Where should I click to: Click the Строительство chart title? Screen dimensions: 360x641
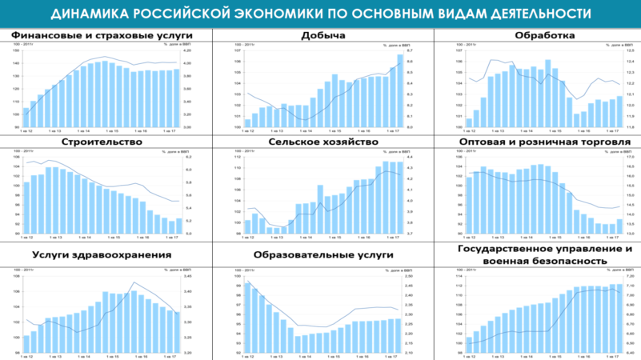(x=102, y=142)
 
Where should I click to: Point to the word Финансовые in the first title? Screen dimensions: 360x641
(x=46, y=36)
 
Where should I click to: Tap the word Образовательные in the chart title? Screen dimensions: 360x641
(x=302, y=255)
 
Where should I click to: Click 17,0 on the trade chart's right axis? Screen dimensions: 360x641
(x=630, y=157)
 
